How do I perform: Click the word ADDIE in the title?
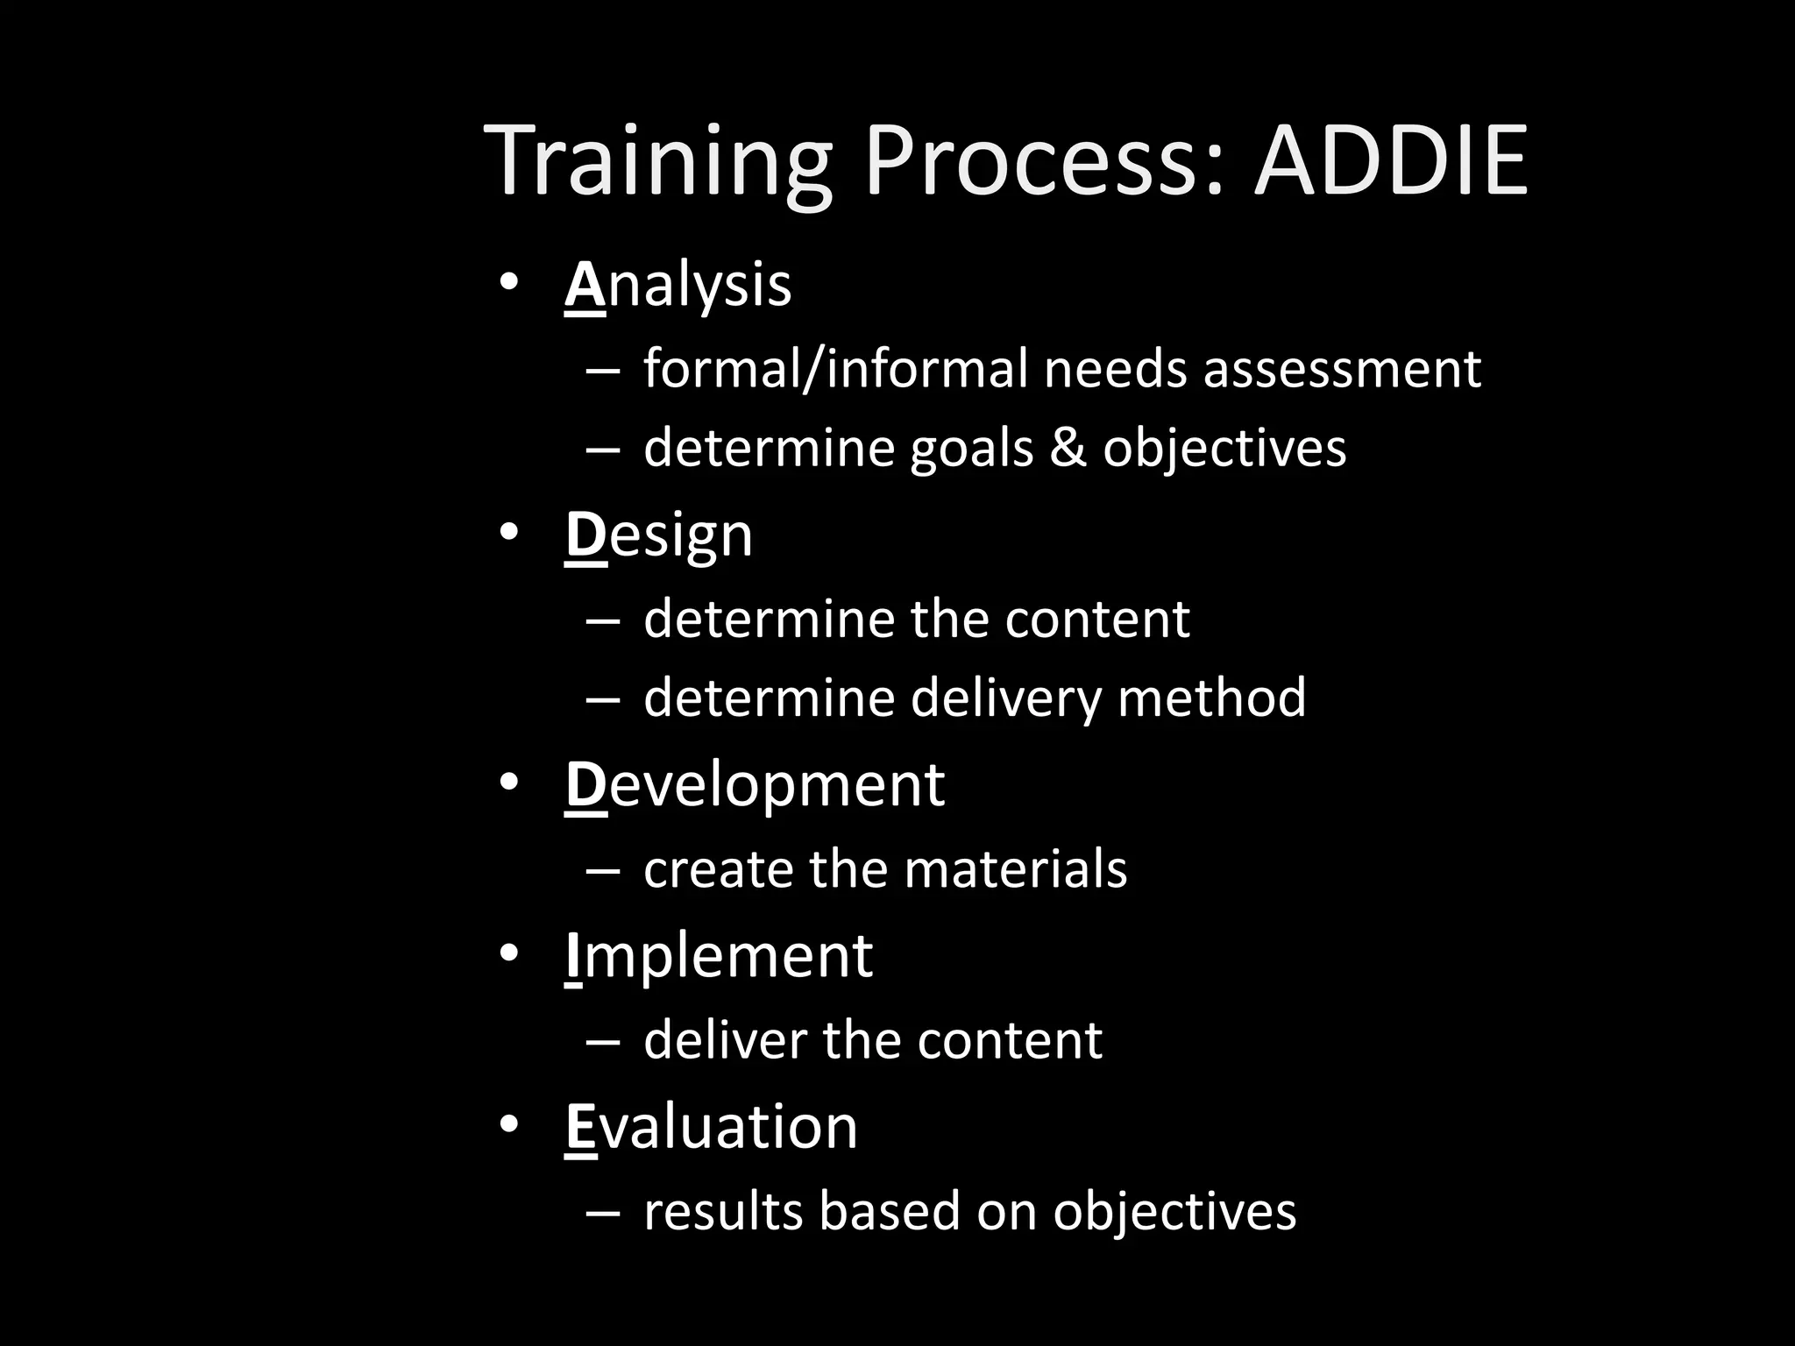point(1391,162)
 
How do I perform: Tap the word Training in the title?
point(657,162)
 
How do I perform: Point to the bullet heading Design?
point(658,535)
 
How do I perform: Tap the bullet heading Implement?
point(719,955)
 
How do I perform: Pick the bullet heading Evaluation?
point(711,1127)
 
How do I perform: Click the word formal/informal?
point(834,369)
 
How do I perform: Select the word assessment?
point(1341,369)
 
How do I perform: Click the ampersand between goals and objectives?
point(1067,448)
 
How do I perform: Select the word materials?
point(1015,869)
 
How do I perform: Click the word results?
point(723,1212)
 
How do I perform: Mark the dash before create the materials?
point(603,871)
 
